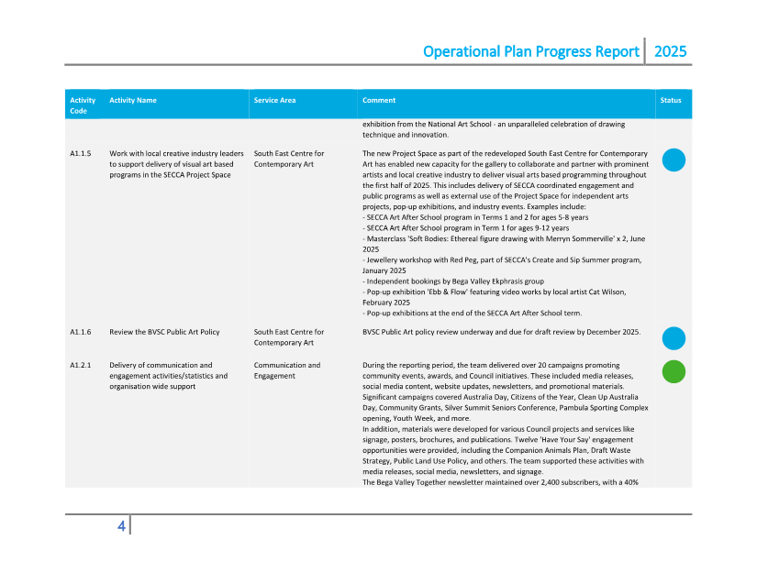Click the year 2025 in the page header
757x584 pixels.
click(670, 52)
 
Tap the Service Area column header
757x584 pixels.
click(275, 100)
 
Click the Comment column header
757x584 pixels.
click(379, 100)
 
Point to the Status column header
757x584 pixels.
click(671, 100)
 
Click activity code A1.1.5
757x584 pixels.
click(80, 153)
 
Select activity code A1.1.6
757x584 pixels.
click(80, 332)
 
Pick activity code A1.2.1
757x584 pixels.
click(80, 365)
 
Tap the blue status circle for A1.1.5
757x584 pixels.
click(674, 160)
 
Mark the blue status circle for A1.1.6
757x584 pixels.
click(674, 338)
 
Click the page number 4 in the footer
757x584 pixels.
click(121, 526)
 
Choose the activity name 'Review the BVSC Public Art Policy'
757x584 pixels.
click(164, 332)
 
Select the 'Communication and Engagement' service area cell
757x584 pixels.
click(287, 370)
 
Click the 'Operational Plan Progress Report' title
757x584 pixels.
click(531, 52)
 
